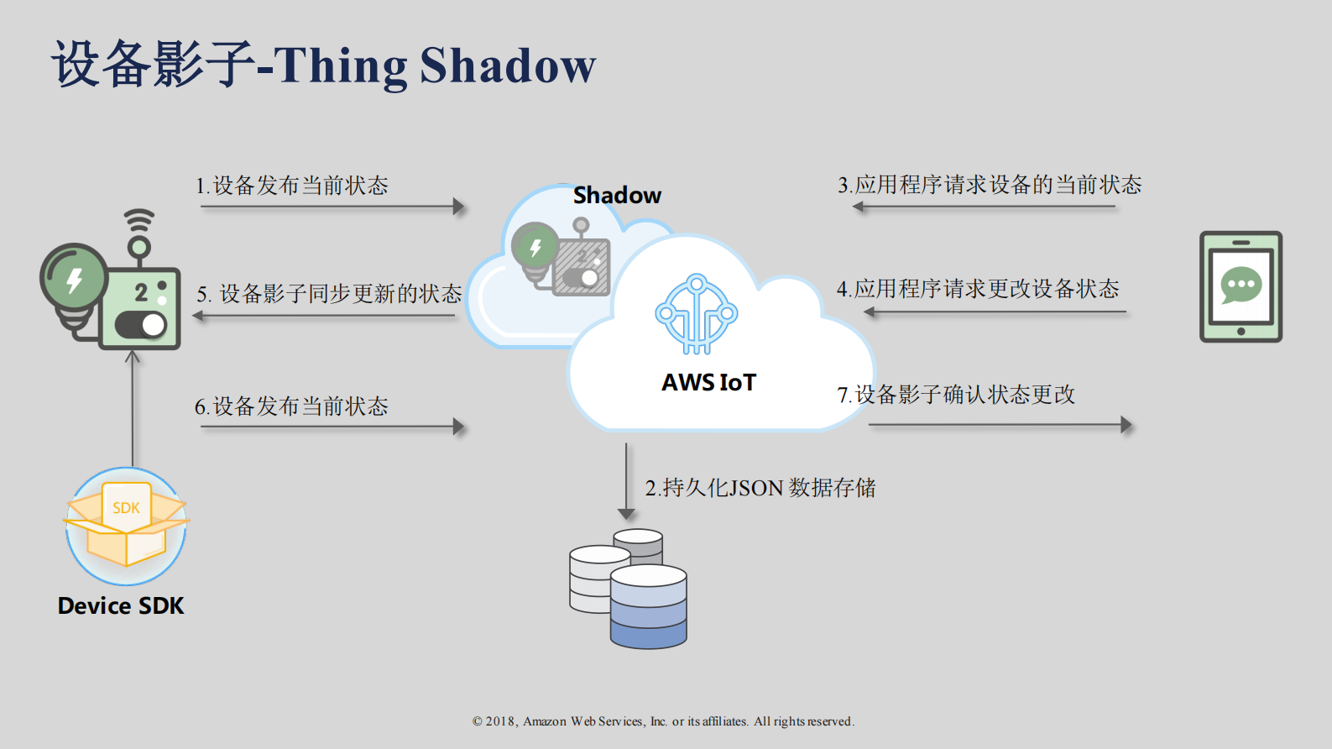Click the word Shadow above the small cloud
pos(617,196)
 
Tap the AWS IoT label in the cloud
pos(708,383)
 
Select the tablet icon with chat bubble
pos(1241,286)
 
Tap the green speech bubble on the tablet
pos(1241,285)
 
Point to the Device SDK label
pos(121,606)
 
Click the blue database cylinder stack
pos(648,606)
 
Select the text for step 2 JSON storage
pos(760,488)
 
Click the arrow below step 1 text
pos(332,207)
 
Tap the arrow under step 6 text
pos(332,427)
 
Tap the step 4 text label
pos(978,289)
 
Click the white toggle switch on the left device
pos(142,325)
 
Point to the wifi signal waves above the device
pos(139,220)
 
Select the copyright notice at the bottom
pos(663,721)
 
